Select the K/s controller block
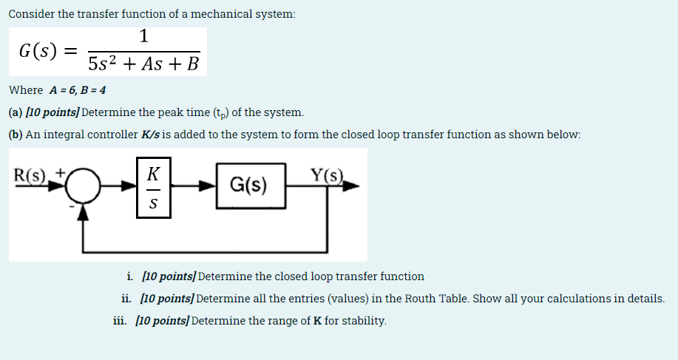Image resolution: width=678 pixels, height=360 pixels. (153, 187)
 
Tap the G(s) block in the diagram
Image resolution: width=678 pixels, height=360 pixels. (248, 185)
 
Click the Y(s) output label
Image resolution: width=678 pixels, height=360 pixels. (327, 175)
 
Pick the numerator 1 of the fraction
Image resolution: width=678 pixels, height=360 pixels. (143, 35)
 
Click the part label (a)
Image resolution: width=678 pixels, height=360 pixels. (16, 112)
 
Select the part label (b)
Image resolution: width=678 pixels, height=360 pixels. (16, 135)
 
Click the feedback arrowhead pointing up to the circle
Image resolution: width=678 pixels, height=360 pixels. (83, 211)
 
